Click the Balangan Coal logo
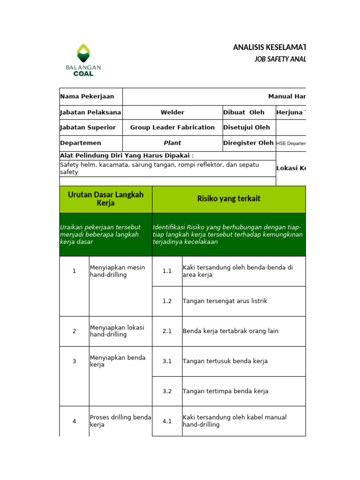click(83, 60)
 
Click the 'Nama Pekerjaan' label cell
click(87, 97)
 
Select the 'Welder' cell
click(172, 112)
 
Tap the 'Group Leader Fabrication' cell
click(172, 127)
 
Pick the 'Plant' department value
click(172, 143)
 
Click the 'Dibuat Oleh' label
click(244, 112)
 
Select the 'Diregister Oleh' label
click(248, 143)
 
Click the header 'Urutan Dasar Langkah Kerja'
click(105, 199)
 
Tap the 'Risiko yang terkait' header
click(229, 199)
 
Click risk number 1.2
click(167, 301)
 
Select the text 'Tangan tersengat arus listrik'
click(225, 301)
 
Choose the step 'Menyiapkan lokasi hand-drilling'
click(117, 331)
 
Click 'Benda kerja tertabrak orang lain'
click(231, 331)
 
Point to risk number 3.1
click(167, 361)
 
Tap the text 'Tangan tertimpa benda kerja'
click(225, 391)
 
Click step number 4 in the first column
click(74, 421)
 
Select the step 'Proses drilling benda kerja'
click(120, 421)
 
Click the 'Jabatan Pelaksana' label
click(90, 112)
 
